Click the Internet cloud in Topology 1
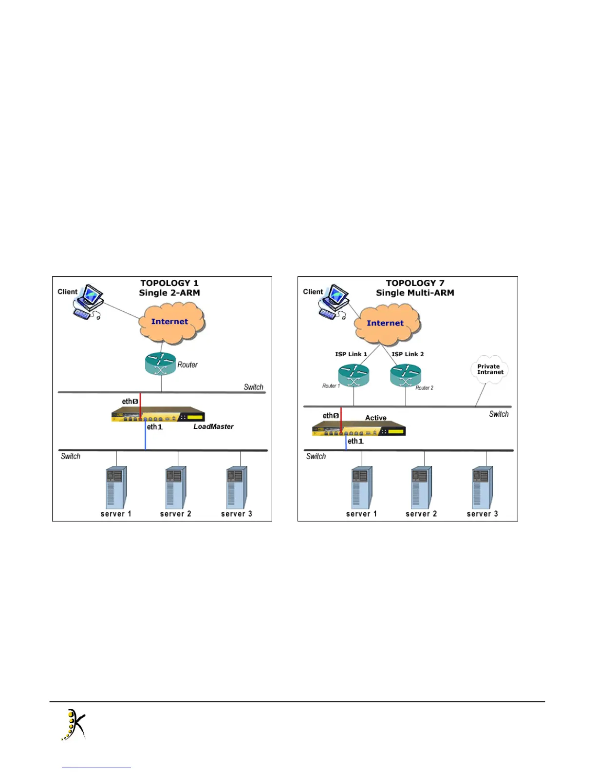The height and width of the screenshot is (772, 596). (x=171, y=322)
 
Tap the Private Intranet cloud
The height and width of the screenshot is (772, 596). (x=489, y=369)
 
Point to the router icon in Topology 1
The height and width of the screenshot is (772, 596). (x=160, y=364)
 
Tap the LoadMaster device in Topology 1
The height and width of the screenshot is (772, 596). (x=158, y=415)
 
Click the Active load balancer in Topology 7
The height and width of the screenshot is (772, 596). (x=359, y=428)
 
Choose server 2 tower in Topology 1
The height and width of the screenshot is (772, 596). (x=175, y=487)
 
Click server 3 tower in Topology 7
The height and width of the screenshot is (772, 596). (x=482, y=487)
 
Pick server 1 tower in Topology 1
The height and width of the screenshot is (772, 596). (x=116, y=487)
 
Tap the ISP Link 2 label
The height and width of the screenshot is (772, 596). (x=408, y=354)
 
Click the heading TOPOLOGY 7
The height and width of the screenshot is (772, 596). (x=415, y=283)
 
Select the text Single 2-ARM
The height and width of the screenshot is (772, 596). (x=169, y=293)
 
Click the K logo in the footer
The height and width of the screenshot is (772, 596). (x=74, y=725)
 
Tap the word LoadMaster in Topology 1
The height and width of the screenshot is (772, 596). (x=213, y=426)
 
